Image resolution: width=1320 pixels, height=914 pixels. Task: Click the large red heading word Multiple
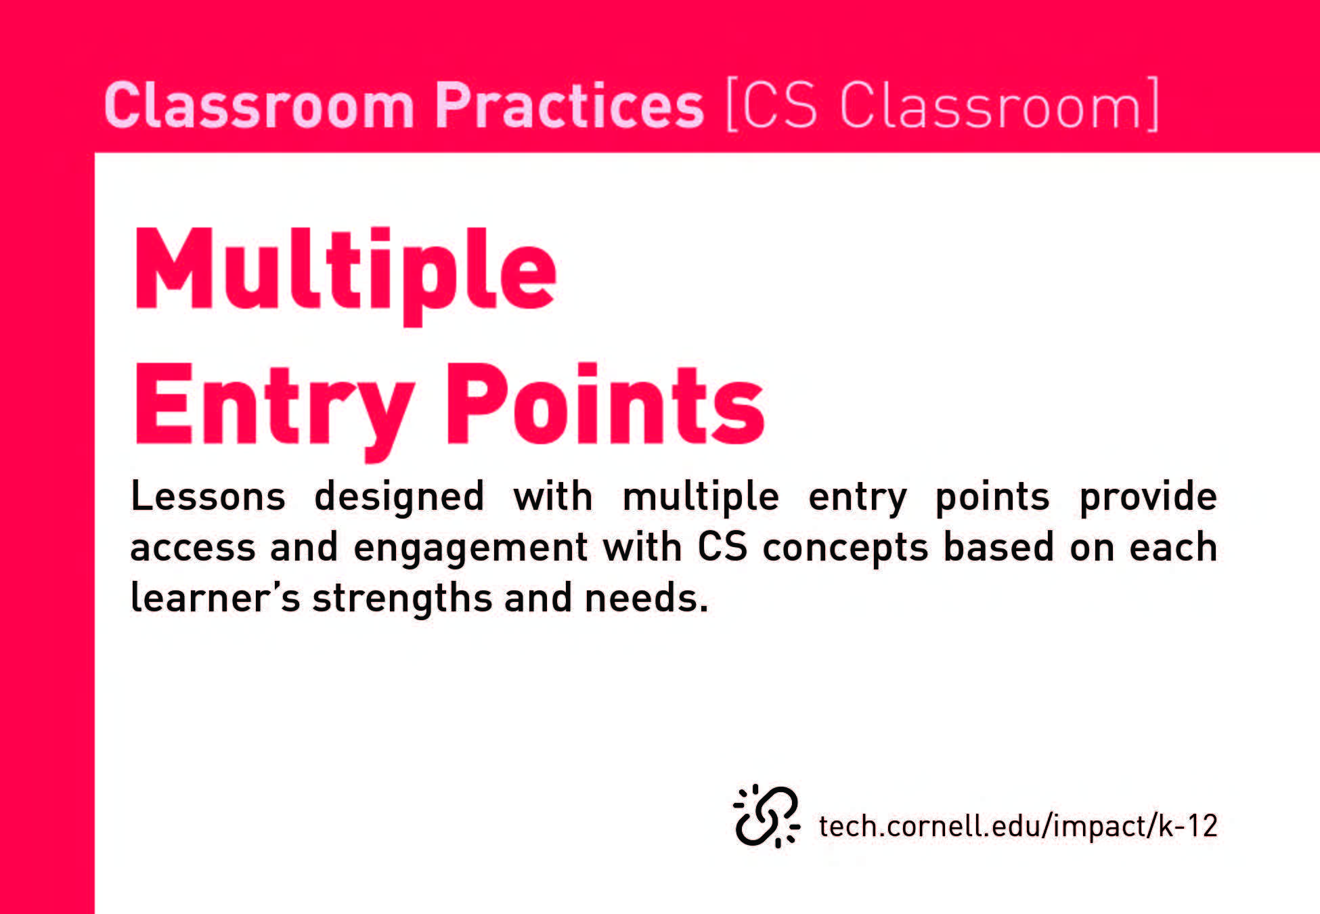[345, 276]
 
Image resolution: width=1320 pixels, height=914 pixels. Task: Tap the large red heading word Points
[604, 404]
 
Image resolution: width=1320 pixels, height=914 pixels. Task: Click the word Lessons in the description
[208, 496]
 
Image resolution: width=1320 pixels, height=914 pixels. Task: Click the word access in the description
[193, 548]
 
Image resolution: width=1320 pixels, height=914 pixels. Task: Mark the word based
[999, 546]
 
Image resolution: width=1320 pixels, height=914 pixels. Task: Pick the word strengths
[402, 599]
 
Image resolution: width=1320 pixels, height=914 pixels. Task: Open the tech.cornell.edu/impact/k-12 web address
[1018, 825]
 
